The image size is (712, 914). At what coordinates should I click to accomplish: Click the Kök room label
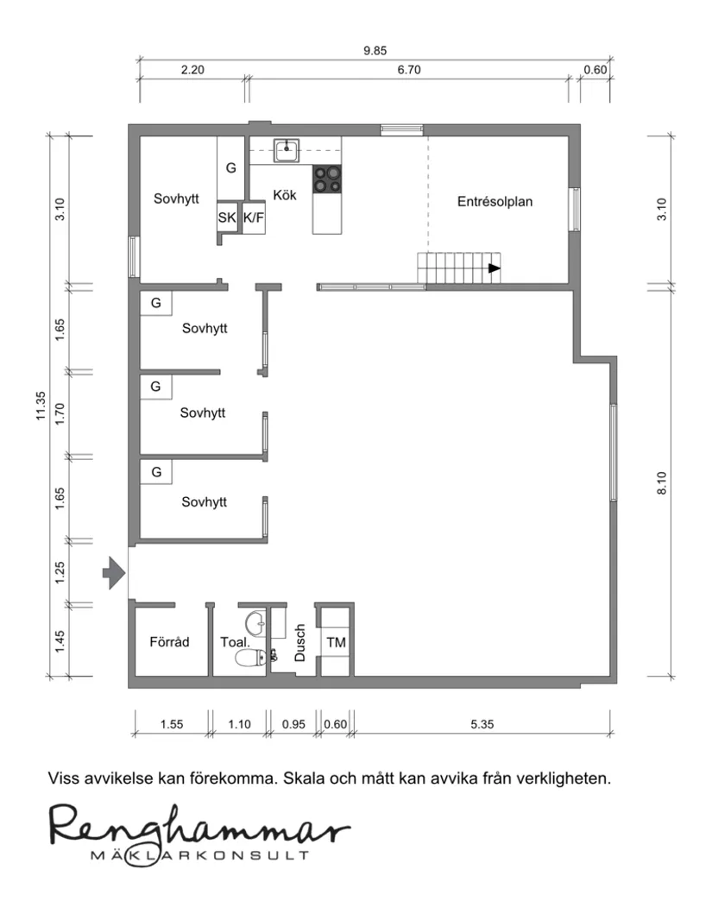click(284, 195)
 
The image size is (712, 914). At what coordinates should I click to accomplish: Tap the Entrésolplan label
click(495, 202)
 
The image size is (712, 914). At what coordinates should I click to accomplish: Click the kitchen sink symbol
click(286, 150)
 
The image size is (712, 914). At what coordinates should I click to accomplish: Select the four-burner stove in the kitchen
click(327, 180)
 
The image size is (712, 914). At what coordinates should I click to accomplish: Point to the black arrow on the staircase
click(495, 268)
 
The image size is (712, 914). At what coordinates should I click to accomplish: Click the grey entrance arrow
click(114, 574)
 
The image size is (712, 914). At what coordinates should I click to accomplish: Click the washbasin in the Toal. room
click(255, 624)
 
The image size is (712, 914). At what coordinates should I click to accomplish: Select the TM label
click(337, 642)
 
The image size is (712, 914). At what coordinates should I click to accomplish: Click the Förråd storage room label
click(169, 642)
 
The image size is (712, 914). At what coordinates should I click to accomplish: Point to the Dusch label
click(300, 642)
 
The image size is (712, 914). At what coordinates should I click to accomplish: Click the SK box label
click(227, 217)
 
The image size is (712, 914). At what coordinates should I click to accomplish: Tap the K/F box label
click(254, 217)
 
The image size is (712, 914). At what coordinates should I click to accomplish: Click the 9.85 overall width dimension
click(375, 51)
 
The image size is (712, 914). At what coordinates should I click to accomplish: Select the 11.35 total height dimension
click(41, 406)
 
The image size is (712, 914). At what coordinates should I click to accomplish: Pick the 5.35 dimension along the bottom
click(482, 724)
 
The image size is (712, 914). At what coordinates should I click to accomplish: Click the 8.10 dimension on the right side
click(661, 483)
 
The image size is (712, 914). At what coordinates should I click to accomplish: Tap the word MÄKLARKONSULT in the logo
click(200, 855)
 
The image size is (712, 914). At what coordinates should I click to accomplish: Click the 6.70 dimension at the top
click(409, 70)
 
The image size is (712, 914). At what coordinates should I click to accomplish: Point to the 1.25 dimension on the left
click(60, 573)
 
